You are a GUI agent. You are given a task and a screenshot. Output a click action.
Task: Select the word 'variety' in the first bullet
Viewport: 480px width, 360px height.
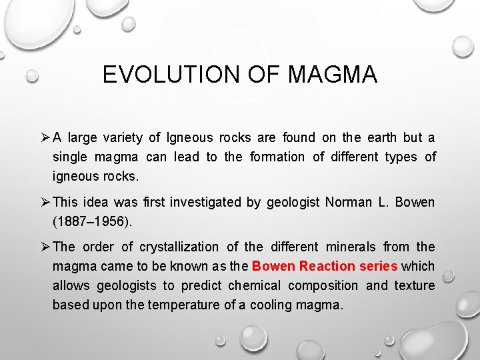123,137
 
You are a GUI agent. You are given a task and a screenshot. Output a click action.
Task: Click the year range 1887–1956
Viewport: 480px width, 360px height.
93,221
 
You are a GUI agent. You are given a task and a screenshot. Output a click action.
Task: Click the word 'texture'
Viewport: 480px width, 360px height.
415,285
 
